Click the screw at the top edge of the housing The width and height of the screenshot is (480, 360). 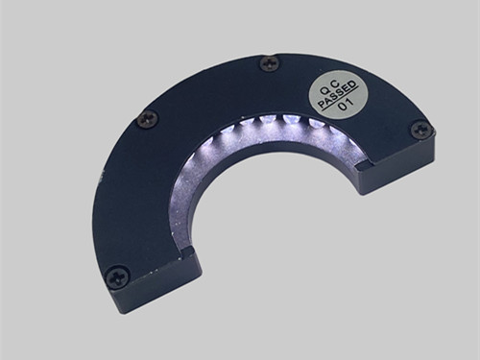[x=270, y=62]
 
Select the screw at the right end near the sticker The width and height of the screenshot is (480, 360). [x=421, y=130]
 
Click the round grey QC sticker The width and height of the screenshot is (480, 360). [x=337, y=94]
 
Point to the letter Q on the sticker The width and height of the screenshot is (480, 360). [x=324, y=90]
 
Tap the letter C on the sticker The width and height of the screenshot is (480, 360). [x=334, y=84]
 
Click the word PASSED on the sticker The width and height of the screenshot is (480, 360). [x=337, y=93]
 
